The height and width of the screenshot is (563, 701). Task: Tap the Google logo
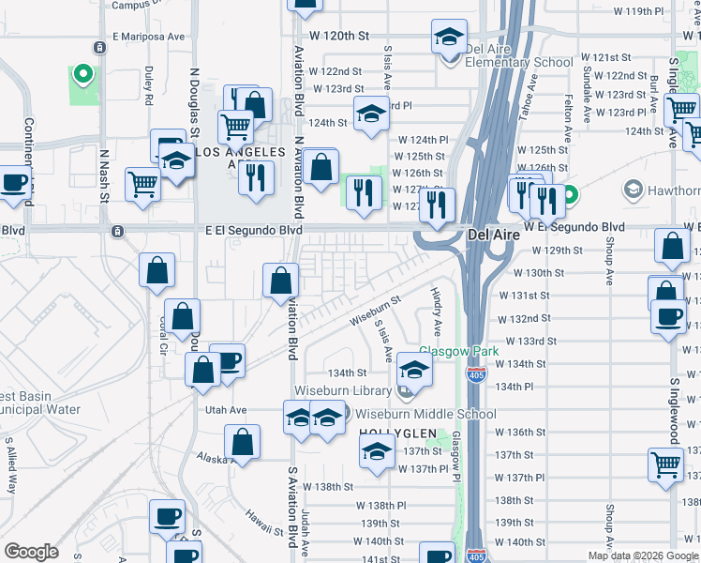point(31,552)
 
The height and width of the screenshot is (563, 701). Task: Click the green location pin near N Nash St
point(82,73)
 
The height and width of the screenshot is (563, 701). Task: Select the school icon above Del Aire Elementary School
point(449,38)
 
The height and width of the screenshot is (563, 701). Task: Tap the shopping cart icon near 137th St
point(665,464)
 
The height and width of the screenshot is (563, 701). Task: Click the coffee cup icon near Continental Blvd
point(14,182)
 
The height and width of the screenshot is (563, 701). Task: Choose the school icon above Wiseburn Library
point(414,369)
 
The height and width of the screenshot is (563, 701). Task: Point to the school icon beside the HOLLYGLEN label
point(377,453)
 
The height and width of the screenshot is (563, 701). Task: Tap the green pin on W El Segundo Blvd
point(568,196)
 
